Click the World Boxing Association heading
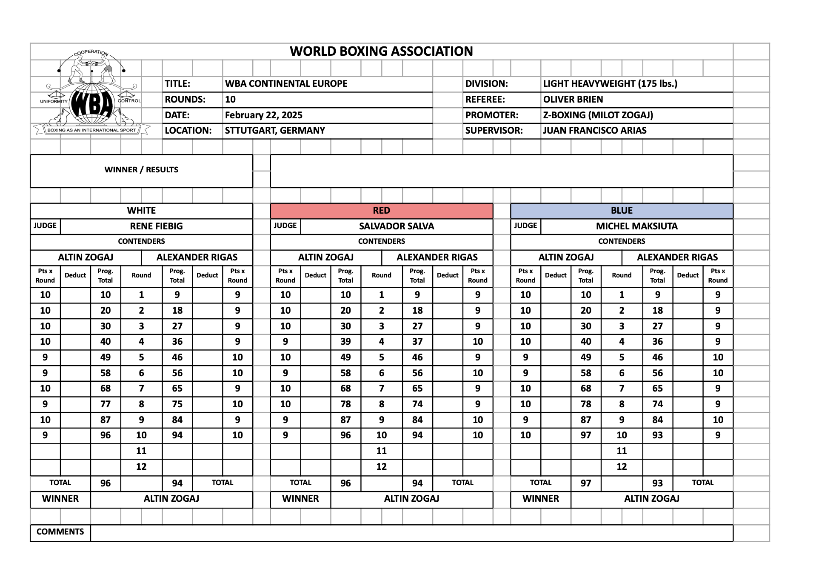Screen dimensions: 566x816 (381, 51)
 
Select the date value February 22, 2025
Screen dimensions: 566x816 (263, 115)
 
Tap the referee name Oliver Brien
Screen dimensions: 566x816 (573, 100)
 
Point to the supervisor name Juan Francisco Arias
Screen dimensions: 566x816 (594, 131)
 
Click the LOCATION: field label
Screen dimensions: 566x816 (188, 131)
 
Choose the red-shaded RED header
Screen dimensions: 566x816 (381, 211)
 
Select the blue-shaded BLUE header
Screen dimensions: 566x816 (622, 211)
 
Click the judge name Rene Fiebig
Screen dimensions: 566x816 (156, 226)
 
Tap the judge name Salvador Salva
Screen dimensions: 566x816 (396, 226)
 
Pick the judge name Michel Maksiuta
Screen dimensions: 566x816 (636, 226)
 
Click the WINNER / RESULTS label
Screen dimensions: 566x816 (141, 170)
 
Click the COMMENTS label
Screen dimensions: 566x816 (60, 532)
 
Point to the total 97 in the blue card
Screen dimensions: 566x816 (586, 483)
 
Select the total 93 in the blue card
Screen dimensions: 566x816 (657, 483)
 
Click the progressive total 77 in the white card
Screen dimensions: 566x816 (106, 404)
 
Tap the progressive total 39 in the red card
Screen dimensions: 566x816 (345, 342)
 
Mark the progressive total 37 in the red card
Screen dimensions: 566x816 (417, 342)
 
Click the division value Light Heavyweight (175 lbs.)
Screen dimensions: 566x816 (610, 84)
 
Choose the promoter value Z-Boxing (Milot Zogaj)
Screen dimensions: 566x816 (598, 115)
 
